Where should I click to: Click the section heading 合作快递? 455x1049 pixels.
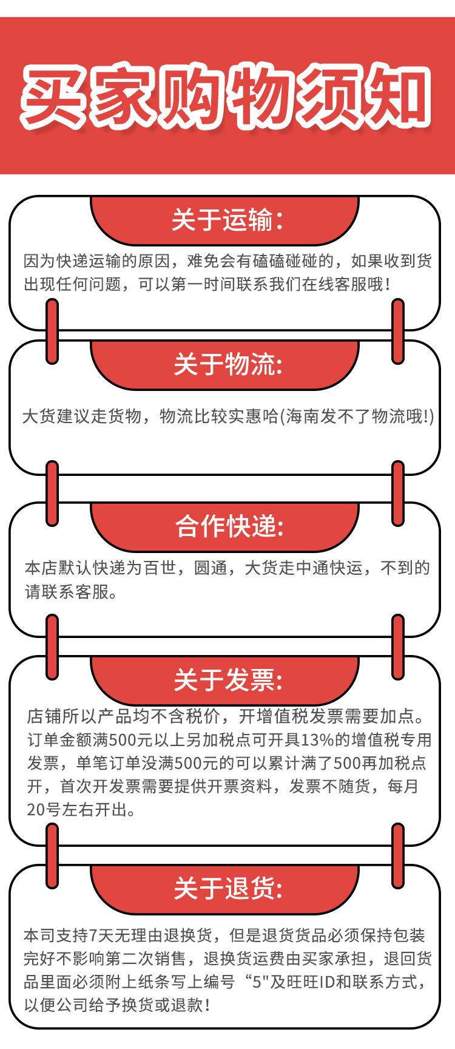click(228, 527)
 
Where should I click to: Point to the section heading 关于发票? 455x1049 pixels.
click(227, 680)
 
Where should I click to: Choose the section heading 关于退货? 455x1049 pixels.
click(227, 889)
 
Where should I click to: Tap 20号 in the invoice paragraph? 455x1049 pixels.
click(44, 809)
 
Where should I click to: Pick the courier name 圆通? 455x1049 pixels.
click(209, 568)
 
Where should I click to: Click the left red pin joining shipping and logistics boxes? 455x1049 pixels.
click(53, 331)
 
